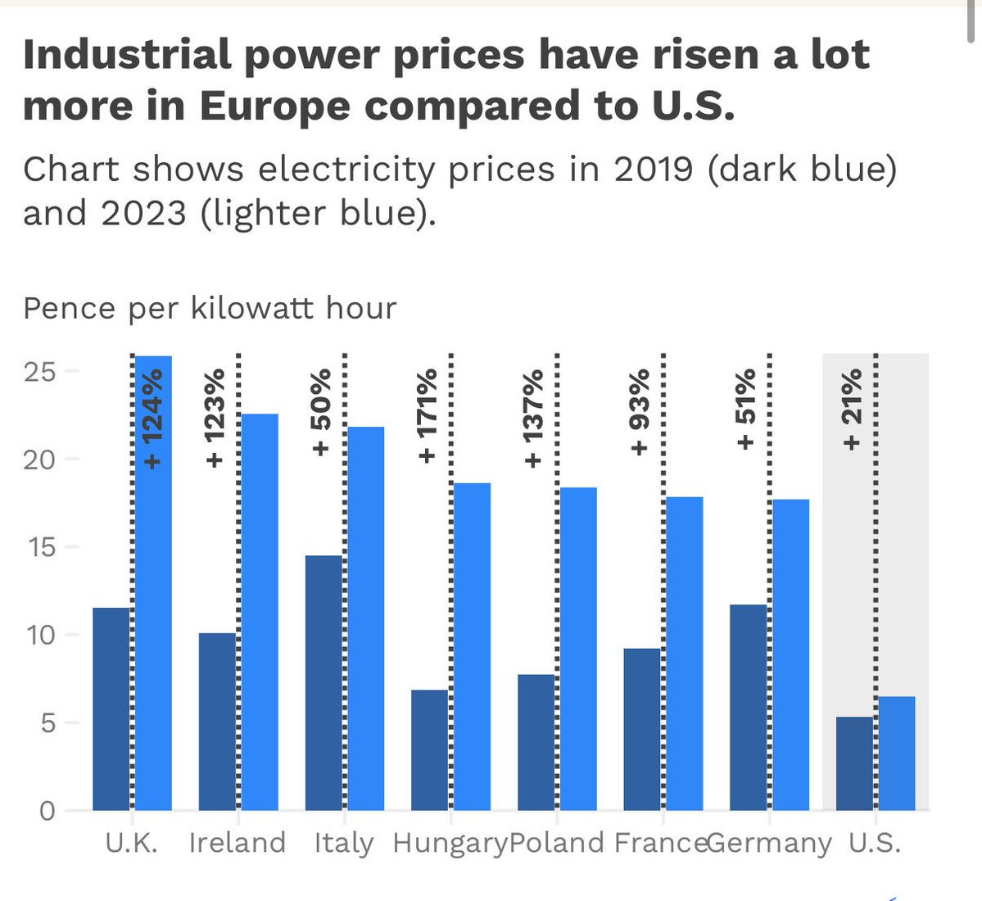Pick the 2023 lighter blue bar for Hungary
[473, 646]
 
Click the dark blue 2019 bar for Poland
[536, 742]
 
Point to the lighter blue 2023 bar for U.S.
[897, 753]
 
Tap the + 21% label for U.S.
[853, 410]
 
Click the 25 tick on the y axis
[40, 372]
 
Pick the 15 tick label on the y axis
[40, 547]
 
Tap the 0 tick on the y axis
[48, 811]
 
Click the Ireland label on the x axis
[238, 843]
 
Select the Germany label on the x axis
[769, 843]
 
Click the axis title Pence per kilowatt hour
[210, 309]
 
